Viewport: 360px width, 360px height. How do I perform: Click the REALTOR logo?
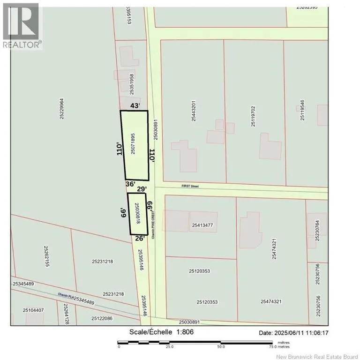pyautogui.click(x=22, y=25)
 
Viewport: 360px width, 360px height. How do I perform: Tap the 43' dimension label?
pyautogui.click(x=135, y=106)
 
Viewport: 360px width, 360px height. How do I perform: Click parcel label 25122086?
pyautogui.click(x=95, y=318)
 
